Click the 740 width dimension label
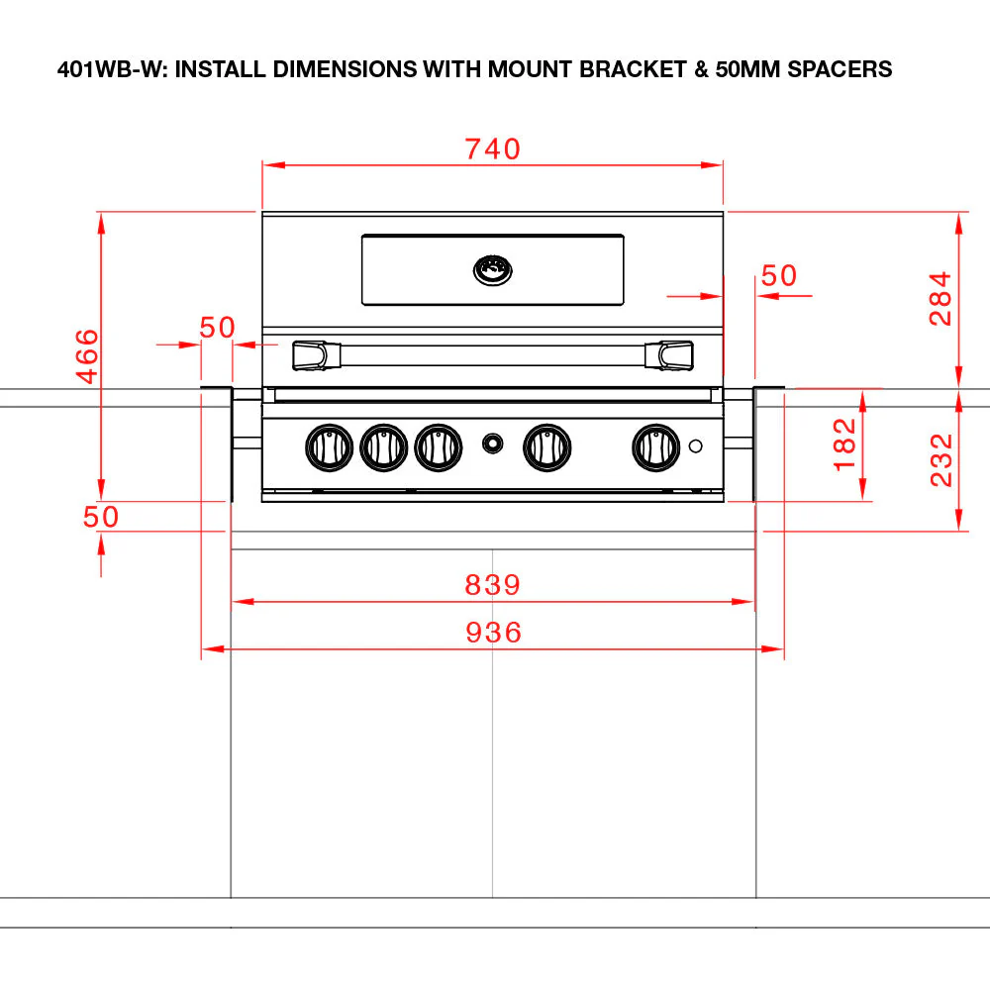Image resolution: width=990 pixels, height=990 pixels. point(492,149)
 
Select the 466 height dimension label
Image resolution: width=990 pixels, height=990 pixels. point(87,356)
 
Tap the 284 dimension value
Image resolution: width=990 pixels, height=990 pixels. point(940,299)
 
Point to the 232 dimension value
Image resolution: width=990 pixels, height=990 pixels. point(940,459)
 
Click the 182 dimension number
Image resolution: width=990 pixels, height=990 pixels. point(844,445)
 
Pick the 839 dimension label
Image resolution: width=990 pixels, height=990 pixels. point(492,585)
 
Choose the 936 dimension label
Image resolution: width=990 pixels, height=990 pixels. point(493,633)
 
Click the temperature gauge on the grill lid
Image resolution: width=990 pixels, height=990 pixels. point(492,270)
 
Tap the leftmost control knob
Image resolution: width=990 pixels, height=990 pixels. point(329,447)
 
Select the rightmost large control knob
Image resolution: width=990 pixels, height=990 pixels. point(656,447)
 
